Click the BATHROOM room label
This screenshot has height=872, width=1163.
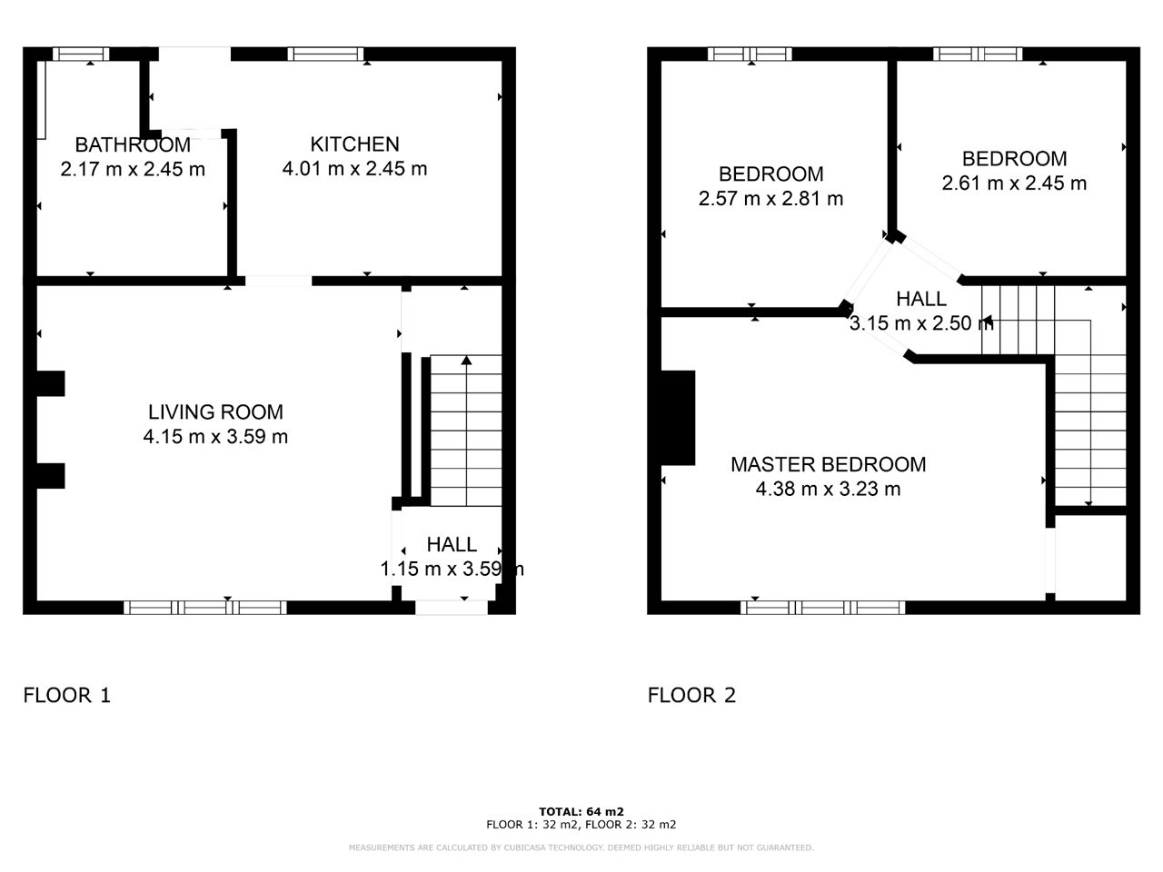[x=133, y=144]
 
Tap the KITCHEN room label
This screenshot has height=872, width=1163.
[x=354, y=144]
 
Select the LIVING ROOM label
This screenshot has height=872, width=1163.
[x=215, y=411]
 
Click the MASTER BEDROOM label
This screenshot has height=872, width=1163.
[x=828, y=464]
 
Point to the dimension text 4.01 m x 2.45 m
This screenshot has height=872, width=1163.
[x=354, y=169]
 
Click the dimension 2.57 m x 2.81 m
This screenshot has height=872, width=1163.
[x=770, y=199]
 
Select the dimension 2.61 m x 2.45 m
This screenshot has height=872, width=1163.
[x=1014, y=183]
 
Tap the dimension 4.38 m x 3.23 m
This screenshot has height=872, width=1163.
[x=828, y=490]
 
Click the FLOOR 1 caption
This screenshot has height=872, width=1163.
[x=66, y=696]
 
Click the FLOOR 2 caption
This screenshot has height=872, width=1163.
[x=691, y=696]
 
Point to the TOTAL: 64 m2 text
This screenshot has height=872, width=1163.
[x=581, y=811]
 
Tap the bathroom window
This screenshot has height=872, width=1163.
[x=80, y=54]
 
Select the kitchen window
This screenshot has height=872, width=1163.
[x=325, y=54]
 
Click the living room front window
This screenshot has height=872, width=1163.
[x=205, y=608]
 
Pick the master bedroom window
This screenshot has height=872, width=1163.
[x=823, y=608]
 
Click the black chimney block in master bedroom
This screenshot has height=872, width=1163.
[x=678, y=418]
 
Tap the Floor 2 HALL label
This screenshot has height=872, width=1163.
[x=920, y=299]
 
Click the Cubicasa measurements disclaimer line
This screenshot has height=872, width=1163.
[x=581, y=847]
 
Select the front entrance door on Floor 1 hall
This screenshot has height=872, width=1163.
[x=452, y=608]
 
